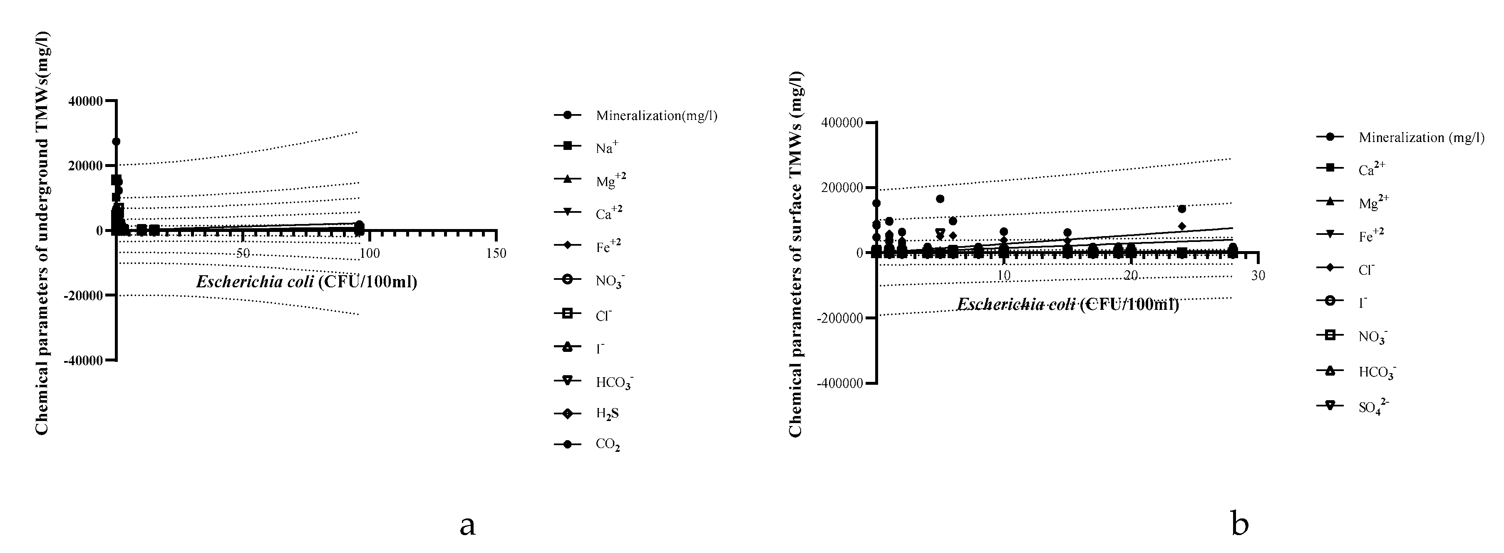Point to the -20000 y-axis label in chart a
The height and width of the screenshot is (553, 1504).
pyautogui.click(x=84, y=296)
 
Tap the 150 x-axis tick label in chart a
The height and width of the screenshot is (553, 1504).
pyautogui.click(x=496, y=254)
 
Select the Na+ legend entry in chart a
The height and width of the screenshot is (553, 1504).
pyautogui.click(x=606, y=148)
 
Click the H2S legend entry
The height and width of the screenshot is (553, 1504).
pyautogui.click(x=607, y=414)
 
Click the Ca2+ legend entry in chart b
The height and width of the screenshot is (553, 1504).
pyautogui.click(x=1372, y=170)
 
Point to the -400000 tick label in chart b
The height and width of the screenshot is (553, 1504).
pyautogui.click(x=839, y=383)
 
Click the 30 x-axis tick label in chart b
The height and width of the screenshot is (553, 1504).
pyautogui.click(x=1258, y=276)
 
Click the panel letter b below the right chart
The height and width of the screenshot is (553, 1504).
pyautogui.click(x=1239, y=524)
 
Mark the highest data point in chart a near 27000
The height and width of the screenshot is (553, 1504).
pyautogui.click(x=116, y=141)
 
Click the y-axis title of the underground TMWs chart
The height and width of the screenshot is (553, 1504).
pyautogui.click(x=42, y=234)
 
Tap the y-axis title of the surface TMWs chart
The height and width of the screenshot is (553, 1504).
pyautogui.click(x=796, y=254)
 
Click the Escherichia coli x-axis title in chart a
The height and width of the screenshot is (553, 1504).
pyautogui.click(x=307, y=282)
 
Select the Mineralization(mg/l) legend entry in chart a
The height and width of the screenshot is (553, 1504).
pyautogui.click(x=656, y=116)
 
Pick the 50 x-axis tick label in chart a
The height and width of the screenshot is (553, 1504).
pyautogui.click(x=243, y=254)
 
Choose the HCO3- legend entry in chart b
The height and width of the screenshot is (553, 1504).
pyautogui.click(x=1377, y=372)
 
